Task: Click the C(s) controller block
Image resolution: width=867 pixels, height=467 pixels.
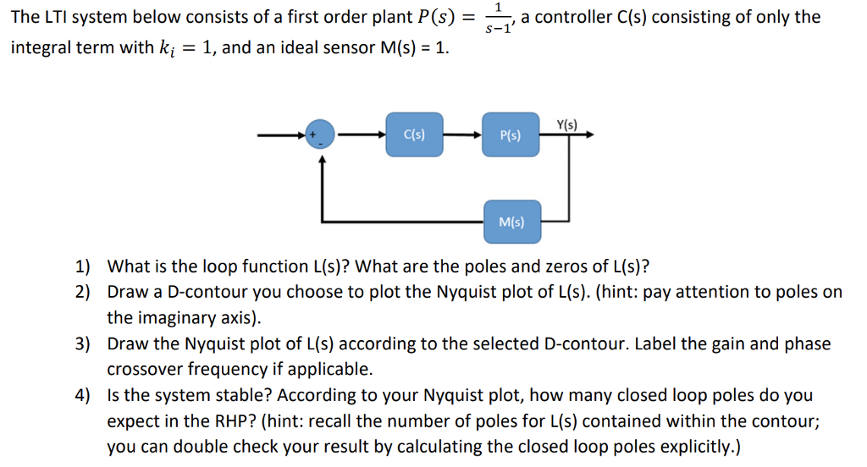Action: coord(414,134)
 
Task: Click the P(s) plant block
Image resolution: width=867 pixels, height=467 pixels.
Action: coord(511,135)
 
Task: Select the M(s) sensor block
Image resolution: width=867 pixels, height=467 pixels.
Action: coord(511,223)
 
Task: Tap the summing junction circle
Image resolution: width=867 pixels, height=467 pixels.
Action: coord(320,135)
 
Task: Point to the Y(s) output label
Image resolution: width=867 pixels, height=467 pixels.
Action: coord(567,124)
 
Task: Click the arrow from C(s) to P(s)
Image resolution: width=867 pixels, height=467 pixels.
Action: coord(462,134)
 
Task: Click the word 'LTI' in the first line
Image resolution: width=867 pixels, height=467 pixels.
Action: coord(52,17)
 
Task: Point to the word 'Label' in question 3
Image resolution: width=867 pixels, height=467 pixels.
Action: coord(657,344)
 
